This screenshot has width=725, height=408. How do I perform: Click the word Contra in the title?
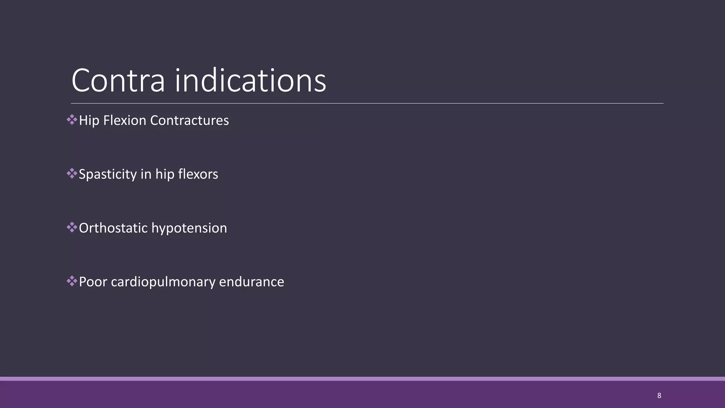click(118, 81)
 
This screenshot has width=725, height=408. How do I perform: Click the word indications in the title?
click(250, 81)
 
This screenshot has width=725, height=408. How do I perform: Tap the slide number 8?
click(659, 396)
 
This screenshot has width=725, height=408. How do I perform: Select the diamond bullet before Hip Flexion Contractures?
click(72, 120)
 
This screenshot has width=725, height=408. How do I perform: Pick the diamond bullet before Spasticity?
click(72, 174)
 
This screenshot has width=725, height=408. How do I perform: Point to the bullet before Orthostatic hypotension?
click(72, 227)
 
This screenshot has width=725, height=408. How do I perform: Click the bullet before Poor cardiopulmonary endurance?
click(72, 281)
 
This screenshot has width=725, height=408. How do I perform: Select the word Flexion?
click(125, 120)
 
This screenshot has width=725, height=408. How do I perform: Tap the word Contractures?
click(189, 120)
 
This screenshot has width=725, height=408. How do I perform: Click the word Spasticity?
click(108, 175)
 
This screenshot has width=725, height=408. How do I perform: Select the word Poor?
click(93, 282)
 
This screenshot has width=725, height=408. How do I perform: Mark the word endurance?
click(252, 282)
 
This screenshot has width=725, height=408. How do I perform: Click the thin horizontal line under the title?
click(367, 103)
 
